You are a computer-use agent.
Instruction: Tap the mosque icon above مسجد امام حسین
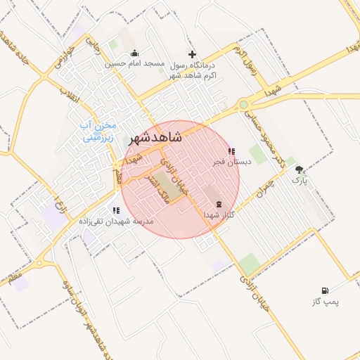click(x=135, y=53)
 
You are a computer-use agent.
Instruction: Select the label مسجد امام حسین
click(x=135, y=63)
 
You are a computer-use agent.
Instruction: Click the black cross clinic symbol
click(x=192, y=54)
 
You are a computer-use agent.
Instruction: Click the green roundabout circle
click(x=243, y=105)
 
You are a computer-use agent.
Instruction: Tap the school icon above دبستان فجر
click(x=232, y=151)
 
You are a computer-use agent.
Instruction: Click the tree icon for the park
click(x=300, y=169)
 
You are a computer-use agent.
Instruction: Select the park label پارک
click(x=300, y=180)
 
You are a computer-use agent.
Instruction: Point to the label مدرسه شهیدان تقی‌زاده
click(x=112, y=220)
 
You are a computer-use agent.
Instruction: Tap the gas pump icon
click(x=324, y=290)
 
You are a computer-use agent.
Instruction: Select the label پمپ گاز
click(x=325, y=302)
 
